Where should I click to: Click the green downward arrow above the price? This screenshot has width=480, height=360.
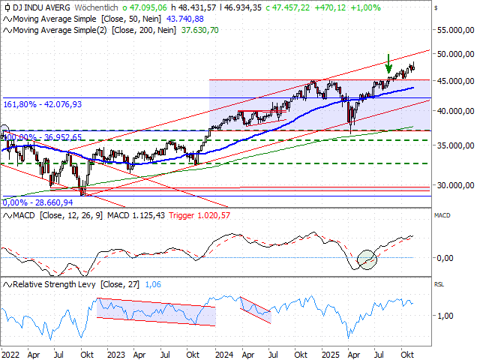388,64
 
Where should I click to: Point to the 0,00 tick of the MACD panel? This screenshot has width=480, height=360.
445,257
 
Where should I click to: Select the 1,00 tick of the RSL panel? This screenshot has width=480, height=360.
445,315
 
